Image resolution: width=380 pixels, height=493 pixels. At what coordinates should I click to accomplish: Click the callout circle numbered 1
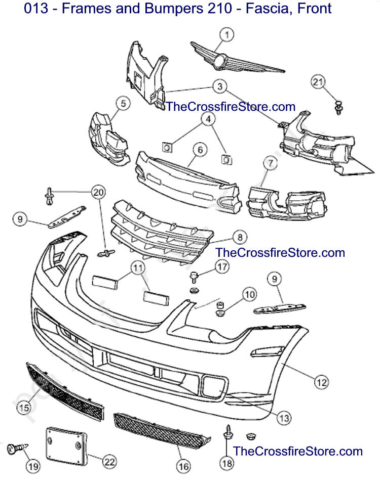[x=227, y=34]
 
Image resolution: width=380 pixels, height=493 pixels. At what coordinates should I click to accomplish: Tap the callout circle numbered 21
[x=318, y=82]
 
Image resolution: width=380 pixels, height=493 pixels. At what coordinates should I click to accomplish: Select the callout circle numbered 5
[x=123, y=104]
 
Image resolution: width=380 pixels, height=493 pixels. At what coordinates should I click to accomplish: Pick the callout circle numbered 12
[x=321, y=382]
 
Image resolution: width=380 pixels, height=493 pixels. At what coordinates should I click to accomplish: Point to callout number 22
[x=109, y=462]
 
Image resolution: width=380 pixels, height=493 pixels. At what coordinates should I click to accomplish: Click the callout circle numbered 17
[x=222, y=267]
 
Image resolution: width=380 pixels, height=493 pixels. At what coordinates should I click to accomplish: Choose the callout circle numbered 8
[x=240, y=237]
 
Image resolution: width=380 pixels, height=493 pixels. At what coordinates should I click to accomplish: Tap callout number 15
[x=24, y=408]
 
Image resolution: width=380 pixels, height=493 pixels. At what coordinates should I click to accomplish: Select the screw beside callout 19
[x=17, y=448]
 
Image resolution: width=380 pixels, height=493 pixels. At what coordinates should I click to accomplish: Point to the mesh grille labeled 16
[x=161, y=430]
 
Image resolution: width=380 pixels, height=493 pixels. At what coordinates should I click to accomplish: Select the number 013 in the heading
[x=36, y=8]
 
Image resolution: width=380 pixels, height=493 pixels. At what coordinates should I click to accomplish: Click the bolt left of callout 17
[x=194, y=278]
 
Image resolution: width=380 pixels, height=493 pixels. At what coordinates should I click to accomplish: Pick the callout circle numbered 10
[x=250, y=295]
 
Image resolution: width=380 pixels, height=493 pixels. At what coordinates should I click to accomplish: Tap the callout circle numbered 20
[x=99, y=192]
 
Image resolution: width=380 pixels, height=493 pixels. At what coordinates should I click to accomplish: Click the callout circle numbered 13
[x=284, y=418]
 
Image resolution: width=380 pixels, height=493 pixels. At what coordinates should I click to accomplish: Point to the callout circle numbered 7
[x=271, y=163]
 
